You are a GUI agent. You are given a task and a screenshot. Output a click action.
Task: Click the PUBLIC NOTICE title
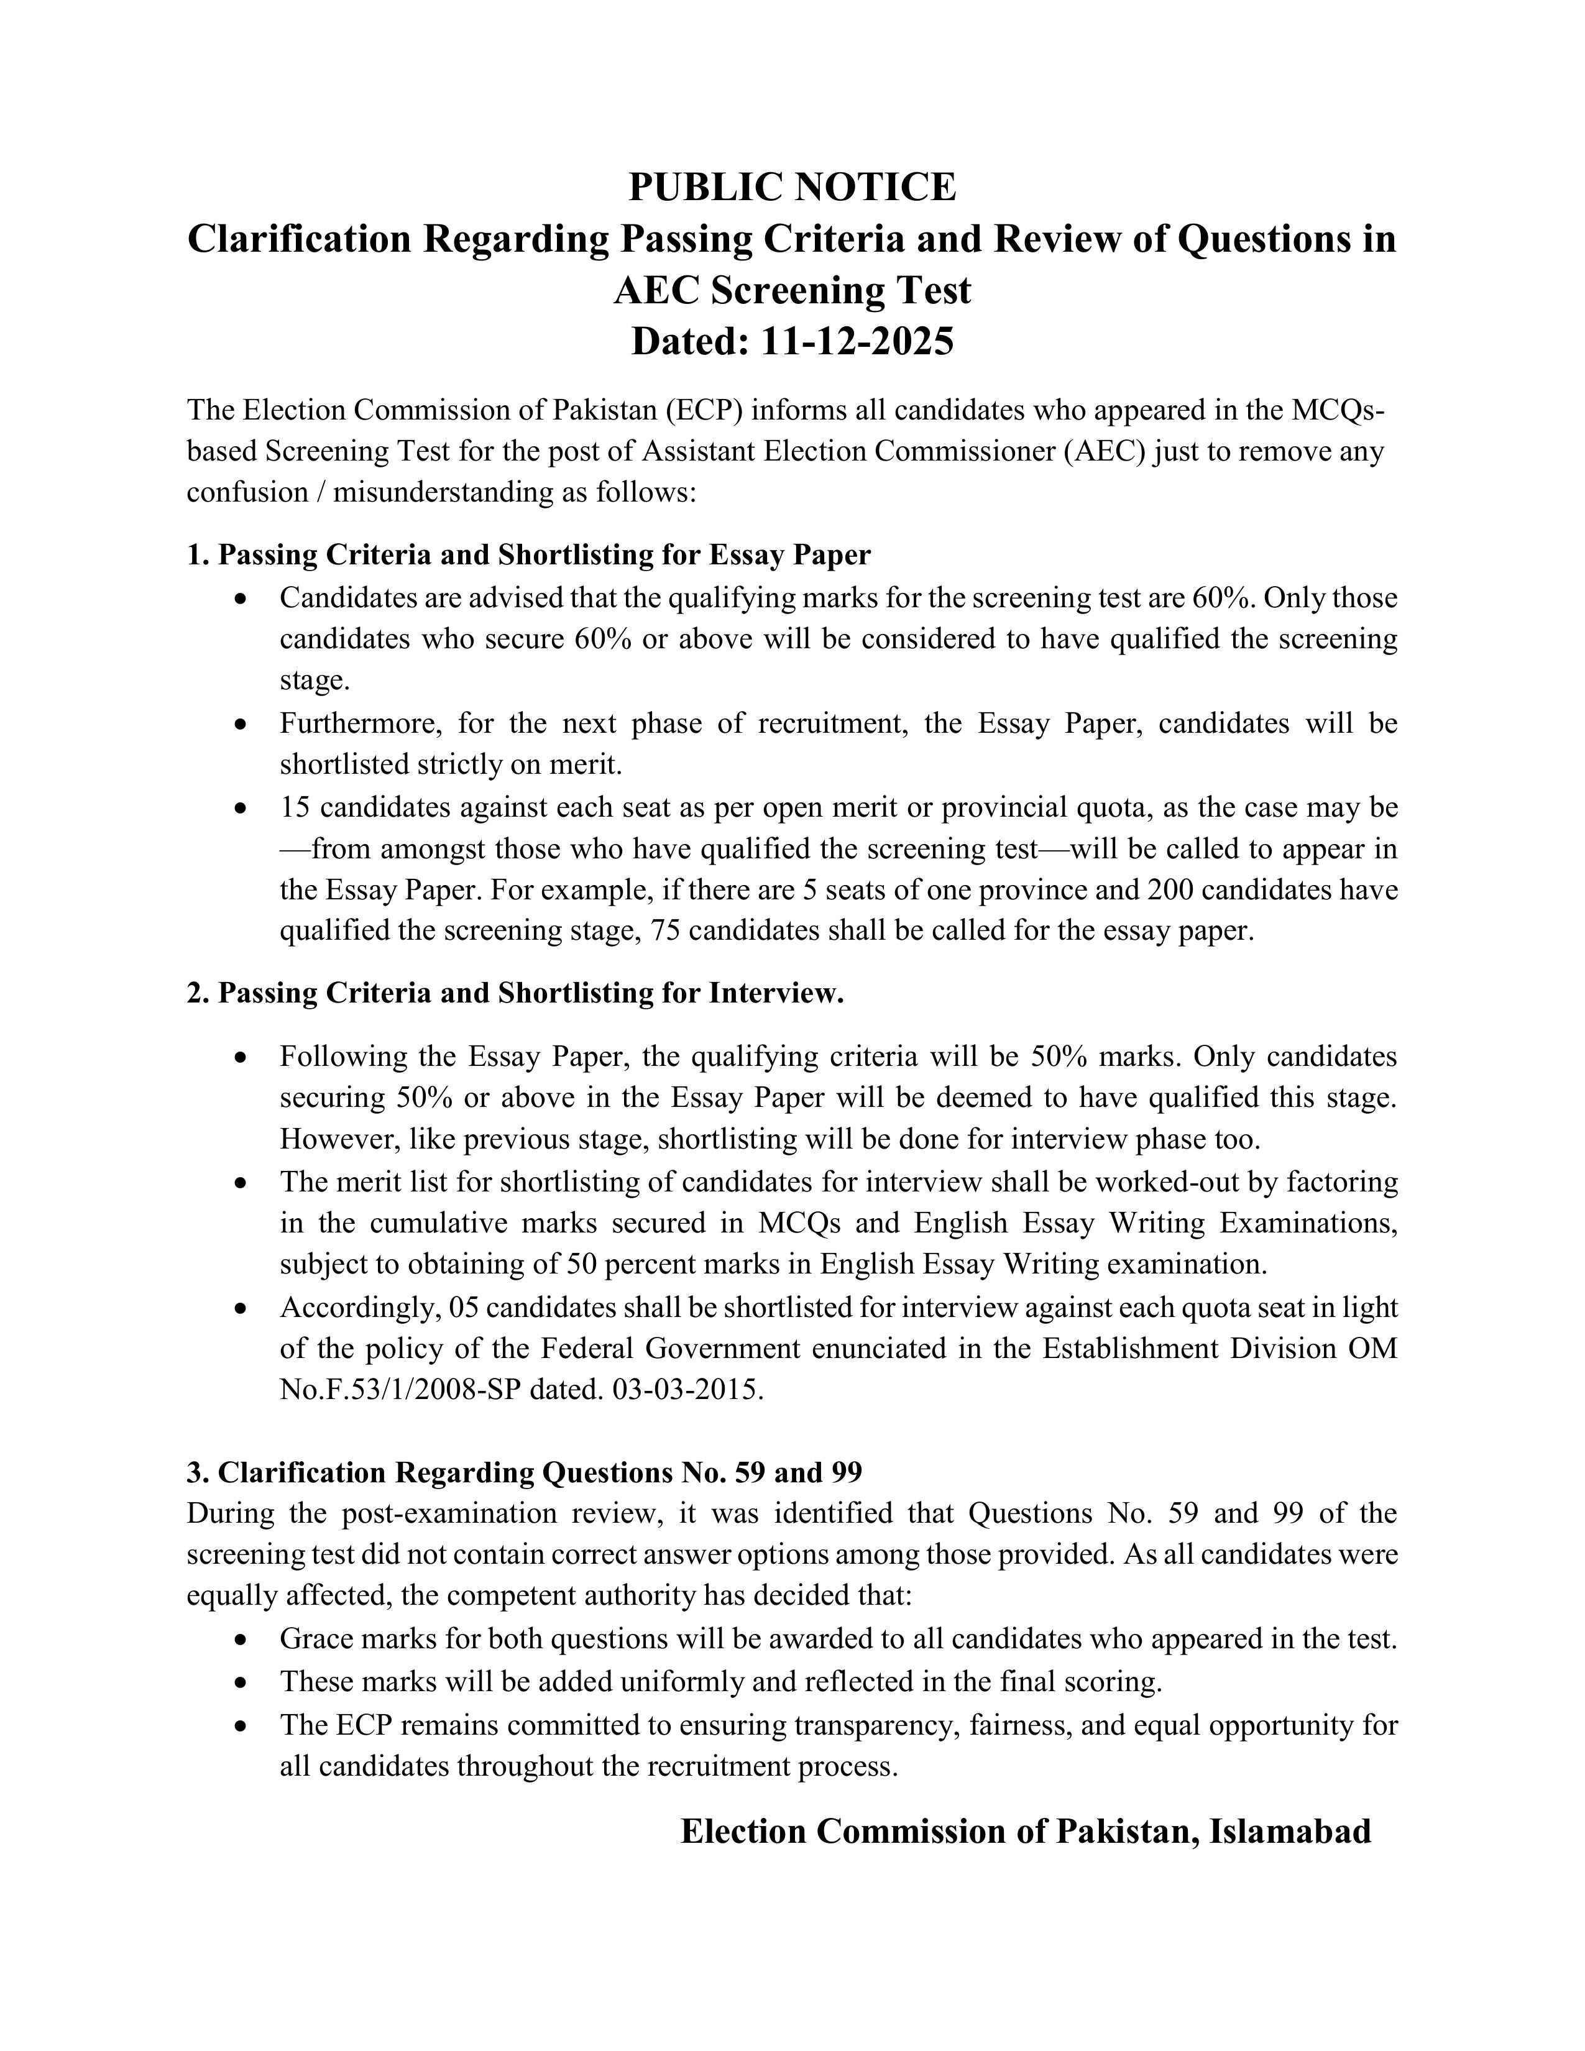click(791, 187)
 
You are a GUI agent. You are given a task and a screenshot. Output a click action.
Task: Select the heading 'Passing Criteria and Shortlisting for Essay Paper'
click(544, 555)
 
